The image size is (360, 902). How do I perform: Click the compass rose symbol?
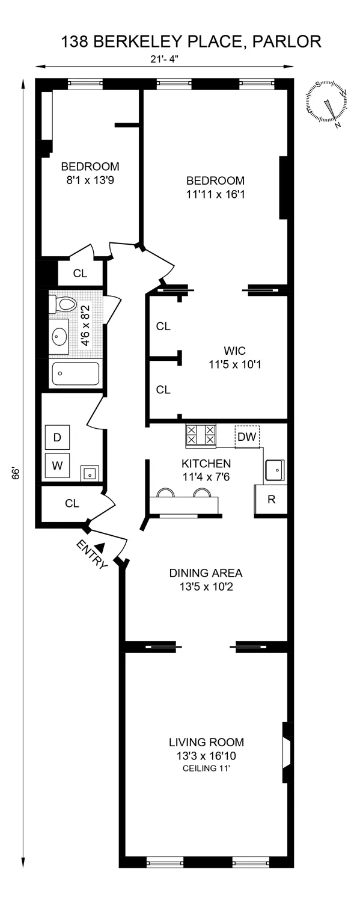click(328, 103)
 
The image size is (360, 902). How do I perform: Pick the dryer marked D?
click(57, 437)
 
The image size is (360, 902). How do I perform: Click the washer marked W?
click(57, 465)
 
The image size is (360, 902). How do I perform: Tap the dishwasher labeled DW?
click(246, 437)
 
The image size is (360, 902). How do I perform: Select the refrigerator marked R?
click(270, 500)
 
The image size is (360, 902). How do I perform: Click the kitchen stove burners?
click(201, 435)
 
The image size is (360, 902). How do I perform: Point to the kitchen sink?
click(274, 468)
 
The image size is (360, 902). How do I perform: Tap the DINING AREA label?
click(206, 572)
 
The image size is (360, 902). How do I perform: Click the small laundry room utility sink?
click(90, 473)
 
